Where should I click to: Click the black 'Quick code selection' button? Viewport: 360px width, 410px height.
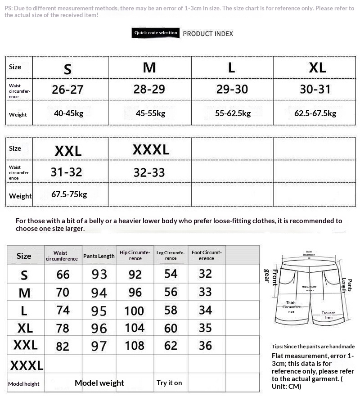point(156,33)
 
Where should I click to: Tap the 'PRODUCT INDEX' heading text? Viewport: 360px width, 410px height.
point(208,34)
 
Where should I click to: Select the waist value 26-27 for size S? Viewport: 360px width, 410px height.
point(67,90)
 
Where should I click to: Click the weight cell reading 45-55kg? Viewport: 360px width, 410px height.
point(150,113)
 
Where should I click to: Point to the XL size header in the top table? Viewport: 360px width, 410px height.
point(317,68)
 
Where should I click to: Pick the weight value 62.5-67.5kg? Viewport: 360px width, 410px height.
point(315,113)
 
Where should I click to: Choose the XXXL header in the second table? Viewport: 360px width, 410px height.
point(151,149)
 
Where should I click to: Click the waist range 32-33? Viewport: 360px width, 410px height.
point(149,172)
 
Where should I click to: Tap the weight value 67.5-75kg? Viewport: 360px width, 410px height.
point(69,194)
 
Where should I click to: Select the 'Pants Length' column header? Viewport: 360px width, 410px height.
point(99,256)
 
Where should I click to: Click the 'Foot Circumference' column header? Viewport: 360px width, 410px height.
point(206,255)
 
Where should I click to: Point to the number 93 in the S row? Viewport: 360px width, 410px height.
point(99,274)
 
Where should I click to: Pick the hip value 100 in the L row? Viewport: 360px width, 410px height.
point(134,311)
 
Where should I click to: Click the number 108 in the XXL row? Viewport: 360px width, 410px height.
point(135,346)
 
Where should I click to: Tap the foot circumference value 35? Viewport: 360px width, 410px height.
point(205,328)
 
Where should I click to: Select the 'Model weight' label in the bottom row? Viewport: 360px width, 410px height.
point(99,383)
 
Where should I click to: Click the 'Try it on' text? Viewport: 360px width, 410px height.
point(169,383)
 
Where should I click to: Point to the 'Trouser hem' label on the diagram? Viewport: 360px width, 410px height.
point(328,315)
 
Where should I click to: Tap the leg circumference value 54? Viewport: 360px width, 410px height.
point(171,274)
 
